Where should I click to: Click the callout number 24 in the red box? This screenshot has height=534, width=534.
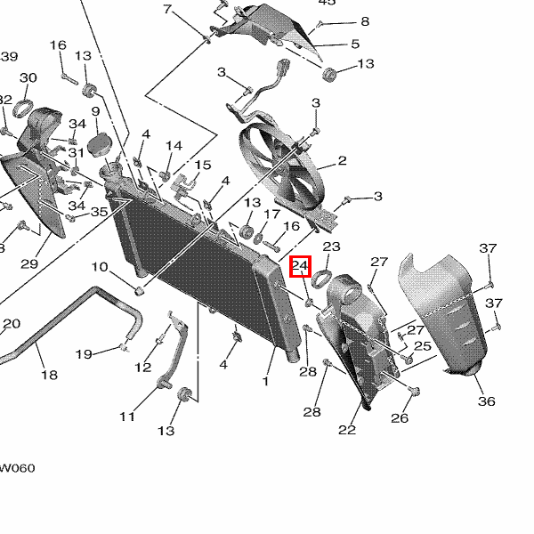pos(300,266)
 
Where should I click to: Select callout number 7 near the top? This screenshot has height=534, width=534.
pos(166,10)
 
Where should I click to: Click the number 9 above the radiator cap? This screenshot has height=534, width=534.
pos(95,111)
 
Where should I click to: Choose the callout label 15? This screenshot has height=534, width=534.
pos(203,166)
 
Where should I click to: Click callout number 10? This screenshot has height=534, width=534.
pos(99,267)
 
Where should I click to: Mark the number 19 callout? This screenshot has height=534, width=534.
pos(84,354)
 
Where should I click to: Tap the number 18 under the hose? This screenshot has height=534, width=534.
pos(49,375)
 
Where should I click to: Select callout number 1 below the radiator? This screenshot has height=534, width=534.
pos(265,381)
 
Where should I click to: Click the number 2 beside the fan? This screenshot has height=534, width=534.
pos(342,161)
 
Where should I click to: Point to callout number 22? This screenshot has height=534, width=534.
pos(347,431)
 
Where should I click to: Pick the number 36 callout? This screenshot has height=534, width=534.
pos(486,401)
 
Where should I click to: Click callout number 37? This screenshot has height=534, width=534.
pos(488,247)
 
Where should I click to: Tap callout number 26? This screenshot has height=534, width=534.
pos(400,418)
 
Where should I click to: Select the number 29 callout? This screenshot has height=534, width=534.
pos(28,263)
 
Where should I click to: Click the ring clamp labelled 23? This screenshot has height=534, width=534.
pos(323,271)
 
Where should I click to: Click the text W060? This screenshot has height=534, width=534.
pos(17,468)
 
